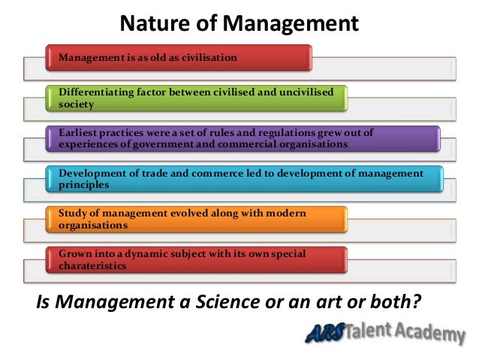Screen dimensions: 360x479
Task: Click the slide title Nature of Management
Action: (239, 24)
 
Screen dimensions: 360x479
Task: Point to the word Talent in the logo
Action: (375, 330)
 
